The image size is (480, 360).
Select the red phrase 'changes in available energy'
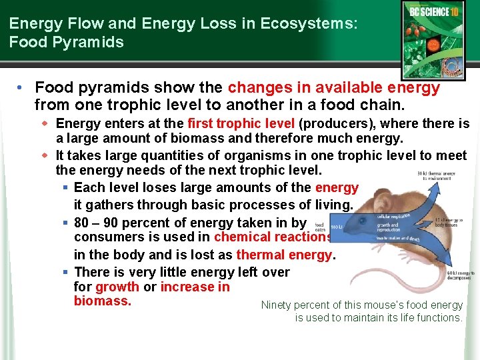click(x=334, y=87)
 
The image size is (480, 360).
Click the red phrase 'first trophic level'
click(x=242, y=123)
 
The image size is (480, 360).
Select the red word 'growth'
click(x=117, y=287)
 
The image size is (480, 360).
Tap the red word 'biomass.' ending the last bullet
click(x=102, y=301)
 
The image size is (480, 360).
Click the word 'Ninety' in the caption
click(x=276, y=305)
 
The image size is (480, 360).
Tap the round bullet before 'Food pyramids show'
click(x=23, y=88)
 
